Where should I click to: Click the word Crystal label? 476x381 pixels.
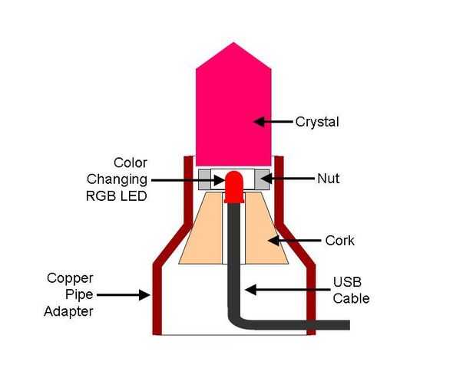pos(317,122)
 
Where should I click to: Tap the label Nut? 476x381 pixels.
pos(328,179)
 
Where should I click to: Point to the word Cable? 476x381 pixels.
pos(351,297)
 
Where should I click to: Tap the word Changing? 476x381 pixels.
pos(117,179)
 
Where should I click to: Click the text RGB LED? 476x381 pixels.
pos(116,195)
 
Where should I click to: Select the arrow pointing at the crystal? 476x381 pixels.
pos(273,122)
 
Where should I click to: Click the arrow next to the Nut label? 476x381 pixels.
pos(284,179)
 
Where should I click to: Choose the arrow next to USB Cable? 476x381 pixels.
pos(288,289)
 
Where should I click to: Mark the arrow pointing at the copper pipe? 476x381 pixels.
pos(131,294)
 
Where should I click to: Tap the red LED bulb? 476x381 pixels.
pos(234,186)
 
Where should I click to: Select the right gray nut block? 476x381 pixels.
pos(263,179)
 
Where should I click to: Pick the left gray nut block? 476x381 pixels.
pos(206,179)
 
